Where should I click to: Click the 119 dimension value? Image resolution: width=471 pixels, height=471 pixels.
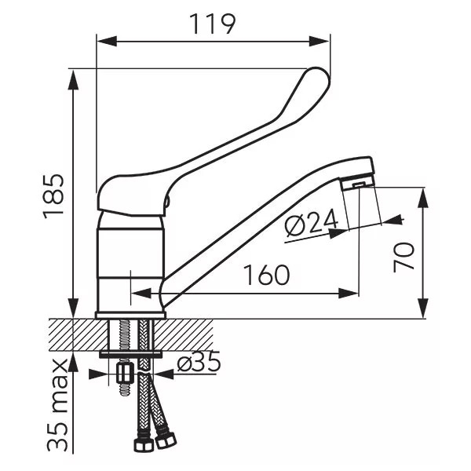coord(213,24)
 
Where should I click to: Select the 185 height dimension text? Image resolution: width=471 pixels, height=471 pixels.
coord(53,196)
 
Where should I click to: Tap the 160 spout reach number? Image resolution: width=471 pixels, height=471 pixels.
coord(266,275)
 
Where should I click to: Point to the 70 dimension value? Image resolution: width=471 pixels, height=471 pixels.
coord(404,257)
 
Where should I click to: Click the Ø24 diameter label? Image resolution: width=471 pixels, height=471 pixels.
coord(312,221)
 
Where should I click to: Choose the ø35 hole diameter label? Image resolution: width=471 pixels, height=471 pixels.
coord(199,363)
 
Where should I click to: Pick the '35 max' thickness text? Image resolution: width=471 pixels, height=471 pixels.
coord(57,405)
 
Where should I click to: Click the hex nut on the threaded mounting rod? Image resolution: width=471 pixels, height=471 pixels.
coord(125,373)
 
